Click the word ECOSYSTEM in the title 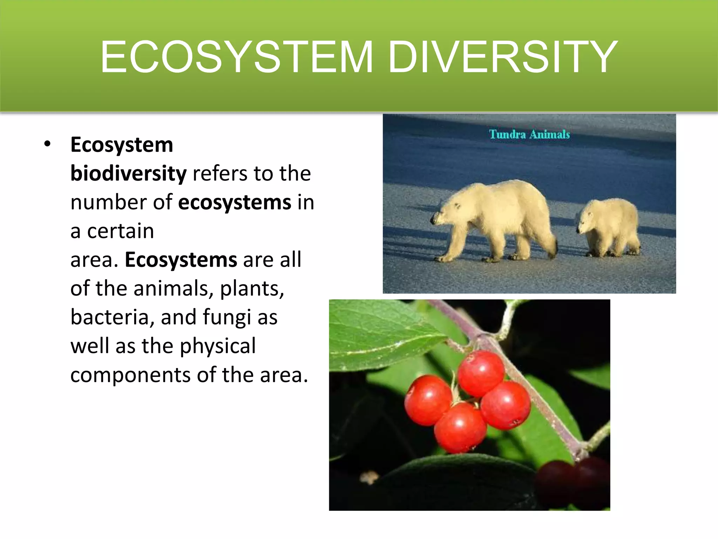tap(237, 57)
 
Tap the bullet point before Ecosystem tap(48, 144)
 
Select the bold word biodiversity tap(128, 173)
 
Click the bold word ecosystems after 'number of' tap(235, 202)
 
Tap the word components tap(130, 375)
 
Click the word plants tap(251, 289)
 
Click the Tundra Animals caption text tap(529, 134)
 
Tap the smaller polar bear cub tap(608, 226)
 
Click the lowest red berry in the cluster tap(460, 427)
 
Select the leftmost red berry tap(428, 400)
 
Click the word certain tap(120, 231)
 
